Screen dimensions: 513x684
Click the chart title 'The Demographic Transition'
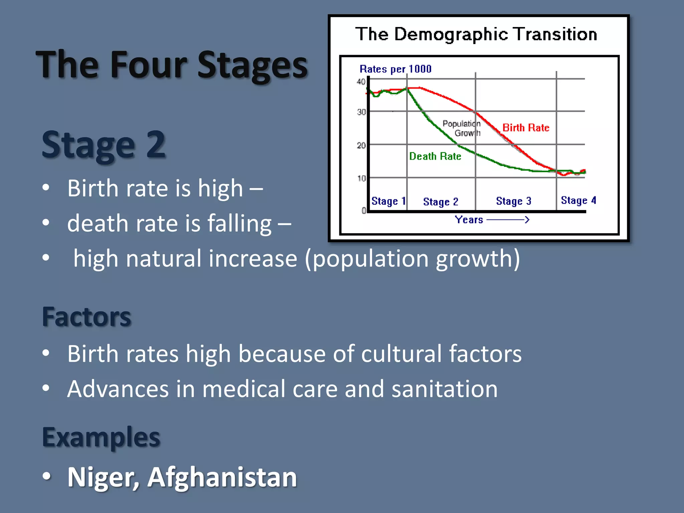[x=476, y=34]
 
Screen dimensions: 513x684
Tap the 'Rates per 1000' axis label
[x=395, y=69]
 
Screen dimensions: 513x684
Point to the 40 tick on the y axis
[x=361, y=81]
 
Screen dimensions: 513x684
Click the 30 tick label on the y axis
[x=361, y=112]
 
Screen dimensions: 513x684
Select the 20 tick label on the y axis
[x=361, y=145]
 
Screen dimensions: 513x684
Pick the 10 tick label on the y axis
[x=361, y=178]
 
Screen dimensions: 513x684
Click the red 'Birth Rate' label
[x=526, y=128]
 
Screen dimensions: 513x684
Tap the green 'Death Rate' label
[x=435, y=156]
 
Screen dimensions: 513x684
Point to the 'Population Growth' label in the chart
[x=463, y=128]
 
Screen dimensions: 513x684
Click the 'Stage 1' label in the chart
[x=388, y=201]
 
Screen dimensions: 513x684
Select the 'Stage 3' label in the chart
[x=513, y=201]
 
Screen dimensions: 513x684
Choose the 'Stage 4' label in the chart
[x=578, y=200]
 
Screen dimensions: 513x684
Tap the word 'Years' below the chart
[x=469, y=220]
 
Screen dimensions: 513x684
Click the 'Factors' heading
[x=87, y=317]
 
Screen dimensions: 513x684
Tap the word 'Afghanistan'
[x=222, y=477]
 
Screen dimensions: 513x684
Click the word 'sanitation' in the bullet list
[x=444, y=389]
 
